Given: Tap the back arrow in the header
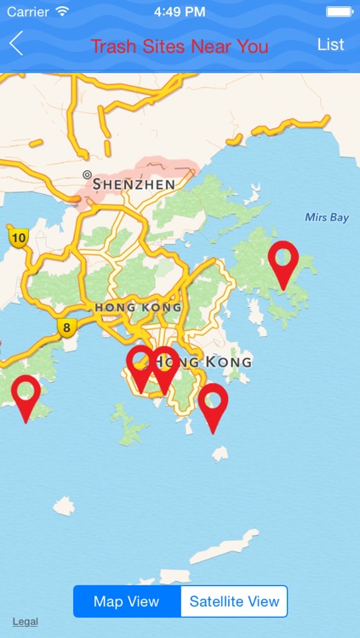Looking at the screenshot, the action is click(16, 44).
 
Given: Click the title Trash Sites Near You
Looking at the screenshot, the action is click(180, 46).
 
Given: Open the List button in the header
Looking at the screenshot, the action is click(330, 44).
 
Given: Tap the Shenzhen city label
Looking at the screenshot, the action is click(134, 184).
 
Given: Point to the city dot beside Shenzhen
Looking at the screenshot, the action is click(86, 174).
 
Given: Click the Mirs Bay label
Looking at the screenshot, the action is click(327, 218).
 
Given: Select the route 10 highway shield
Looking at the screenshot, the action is click(17, 237).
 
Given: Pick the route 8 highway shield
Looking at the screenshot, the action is click(66, 327).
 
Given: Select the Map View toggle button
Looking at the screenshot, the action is click(127, 601).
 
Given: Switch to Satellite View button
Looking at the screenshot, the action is click(234, 601).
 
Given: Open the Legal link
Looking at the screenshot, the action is click(25, 622).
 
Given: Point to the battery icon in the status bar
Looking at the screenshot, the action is click(339, 12).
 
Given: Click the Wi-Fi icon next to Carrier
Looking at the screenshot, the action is click(62, 12).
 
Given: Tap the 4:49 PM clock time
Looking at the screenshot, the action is click(180, 12).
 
